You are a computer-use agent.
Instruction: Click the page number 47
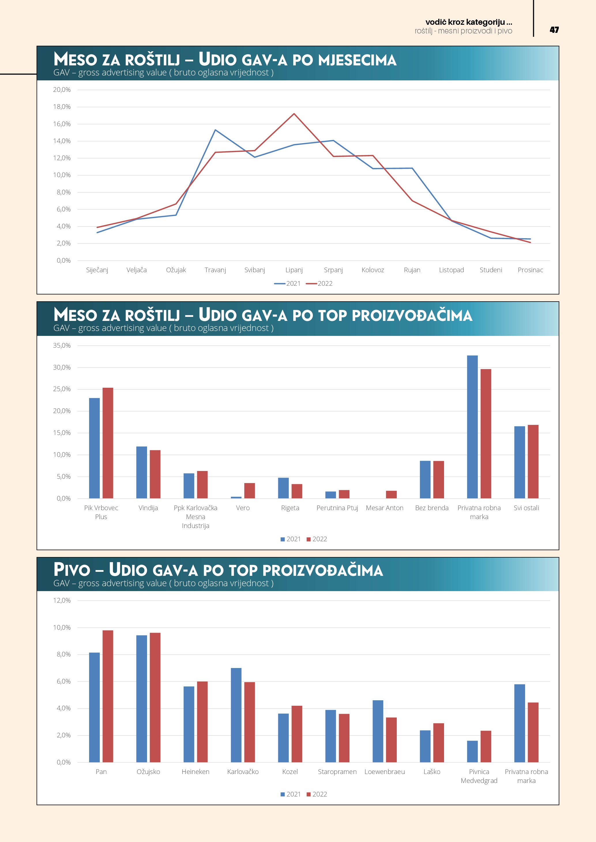(x=554, y=30)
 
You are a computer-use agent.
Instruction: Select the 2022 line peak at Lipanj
(x=294, y=114)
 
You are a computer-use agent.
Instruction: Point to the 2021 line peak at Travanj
(x=215, y=130)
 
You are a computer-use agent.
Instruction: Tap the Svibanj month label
(x=254, y=270)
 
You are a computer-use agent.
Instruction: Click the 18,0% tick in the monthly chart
(x=62, y=107)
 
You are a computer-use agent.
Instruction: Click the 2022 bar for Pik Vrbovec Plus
(x=108, y=443)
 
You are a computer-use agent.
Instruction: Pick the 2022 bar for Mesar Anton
(x=391, y=494)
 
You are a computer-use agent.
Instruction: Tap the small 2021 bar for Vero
(x=236, y=497)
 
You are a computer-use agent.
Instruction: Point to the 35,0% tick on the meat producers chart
(x=62, y=345)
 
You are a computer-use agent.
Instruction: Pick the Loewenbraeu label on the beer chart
(x=384, y=772)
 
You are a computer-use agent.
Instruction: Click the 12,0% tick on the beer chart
(x=62, y=600)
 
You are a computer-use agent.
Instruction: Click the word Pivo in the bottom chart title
(x=72, y=570)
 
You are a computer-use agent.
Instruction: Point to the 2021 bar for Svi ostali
(x=520, y=462)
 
